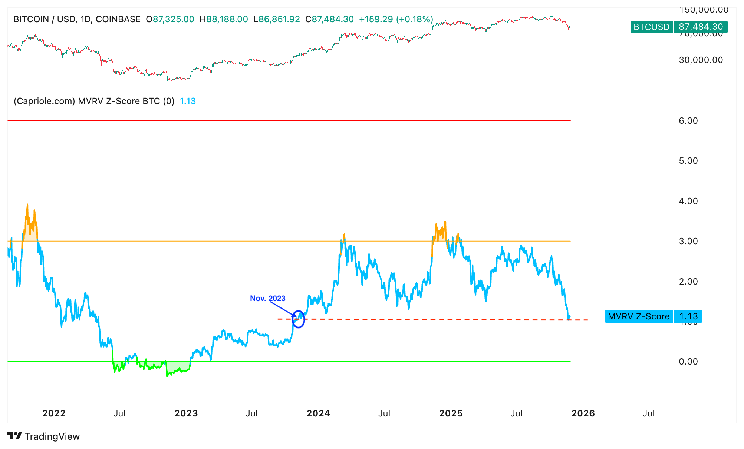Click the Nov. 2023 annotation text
pos(267,298)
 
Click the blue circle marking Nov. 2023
pos(298,319)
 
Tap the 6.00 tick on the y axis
pos(688,121)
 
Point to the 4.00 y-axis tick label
pos(688,201)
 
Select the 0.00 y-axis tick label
pos(688,362)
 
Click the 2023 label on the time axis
pos(186,413)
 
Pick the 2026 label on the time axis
pos(583,413)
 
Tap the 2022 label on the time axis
pos(54,413)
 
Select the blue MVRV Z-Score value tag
pos(653,316)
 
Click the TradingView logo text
pos(52,436)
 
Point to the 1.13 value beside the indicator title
pos(188,101)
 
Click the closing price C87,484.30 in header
pos(329,19)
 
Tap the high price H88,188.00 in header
pos(224,19)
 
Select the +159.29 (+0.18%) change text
pos(396,19)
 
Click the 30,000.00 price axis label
pos(701,60)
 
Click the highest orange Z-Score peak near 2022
pos(27,205)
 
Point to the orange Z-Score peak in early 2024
pos(344,235)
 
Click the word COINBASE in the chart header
pos(118,19)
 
